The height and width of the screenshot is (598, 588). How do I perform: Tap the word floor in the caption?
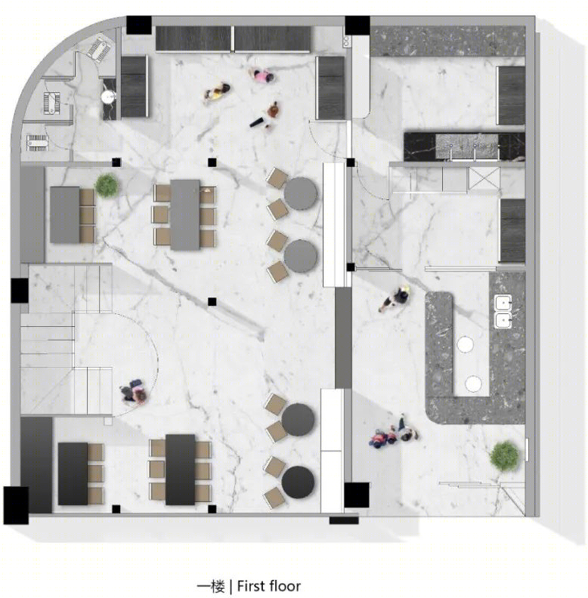tap(284, 585)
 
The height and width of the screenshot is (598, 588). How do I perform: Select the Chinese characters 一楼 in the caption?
tap(210, 586)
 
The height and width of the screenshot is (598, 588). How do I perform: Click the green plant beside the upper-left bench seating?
tap(107, 186)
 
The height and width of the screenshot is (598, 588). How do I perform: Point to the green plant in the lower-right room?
tap(505, 457)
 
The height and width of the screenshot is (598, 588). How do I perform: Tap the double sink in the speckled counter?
tap(503, 311)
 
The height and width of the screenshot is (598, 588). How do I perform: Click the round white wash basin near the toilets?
tap(109, 96)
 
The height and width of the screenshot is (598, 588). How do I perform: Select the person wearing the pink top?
tap(262, 76)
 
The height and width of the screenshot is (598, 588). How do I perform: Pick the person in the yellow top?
tap(217, 92)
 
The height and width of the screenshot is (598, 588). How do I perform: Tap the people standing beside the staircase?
tap(133, 392)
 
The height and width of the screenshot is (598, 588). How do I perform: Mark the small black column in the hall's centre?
tap(212, 302)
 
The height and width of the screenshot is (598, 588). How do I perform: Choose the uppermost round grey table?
tap(301, 193)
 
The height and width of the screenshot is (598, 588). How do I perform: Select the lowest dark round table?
tap(298, 482)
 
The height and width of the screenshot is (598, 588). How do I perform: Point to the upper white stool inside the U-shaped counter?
tap(465, 344)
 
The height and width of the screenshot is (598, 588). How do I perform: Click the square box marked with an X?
tap(484, 178)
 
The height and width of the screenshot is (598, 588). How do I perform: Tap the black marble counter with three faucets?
tap(464, 146)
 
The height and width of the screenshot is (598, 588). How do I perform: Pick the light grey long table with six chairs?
tap(185, 214)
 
